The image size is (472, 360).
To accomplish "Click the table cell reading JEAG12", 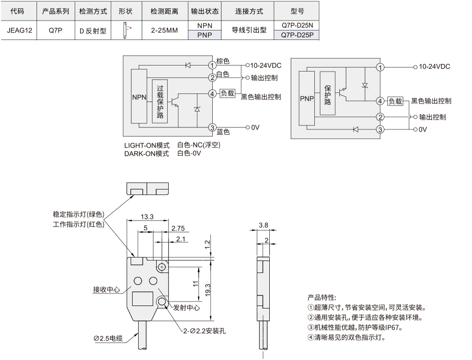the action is click(19, 30).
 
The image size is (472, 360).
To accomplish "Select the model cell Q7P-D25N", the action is click(297, 25).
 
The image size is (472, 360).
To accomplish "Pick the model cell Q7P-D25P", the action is click(297, 35).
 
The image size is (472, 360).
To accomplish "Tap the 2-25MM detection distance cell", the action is click(165, 30).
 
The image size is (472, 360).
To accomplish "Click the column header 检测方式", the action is click(93, 11).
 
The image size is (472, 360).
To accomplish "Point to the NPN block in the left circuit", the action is click(139, 96).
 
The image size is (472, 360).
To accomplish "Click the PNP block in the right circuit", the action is click(307, 98).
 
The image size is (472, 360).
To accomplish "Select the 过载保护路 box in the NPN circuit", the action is click(160, 101).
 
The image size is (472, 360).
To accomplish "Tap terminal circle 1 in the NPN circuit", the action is click(213, 65).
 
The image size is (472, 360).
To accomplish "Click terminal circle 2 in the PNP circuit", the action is click(380, 117).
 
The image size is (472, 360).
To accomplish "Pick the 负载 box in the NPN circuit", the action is click(227, 93).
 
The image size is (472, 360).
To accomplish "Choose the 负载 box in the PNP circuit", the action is click(395, 101).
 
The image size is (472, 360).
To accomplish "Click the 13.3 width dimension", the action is click(147, 216).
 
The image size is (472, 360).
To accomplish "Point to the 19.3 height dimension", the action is click(208, 290).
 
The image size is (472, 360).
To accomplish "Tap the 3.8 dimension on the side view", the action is click(263, 225).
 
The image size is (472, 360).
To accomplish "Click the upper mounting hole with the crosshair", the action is click(162, 267).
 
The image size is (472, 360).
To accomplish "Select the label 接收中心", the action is click(106, 289).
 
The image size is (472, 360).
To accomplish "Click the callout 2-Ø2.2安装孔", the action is click(204, 331).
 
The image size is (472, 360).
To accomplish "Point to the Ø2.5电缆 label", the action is click(108, 338).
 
